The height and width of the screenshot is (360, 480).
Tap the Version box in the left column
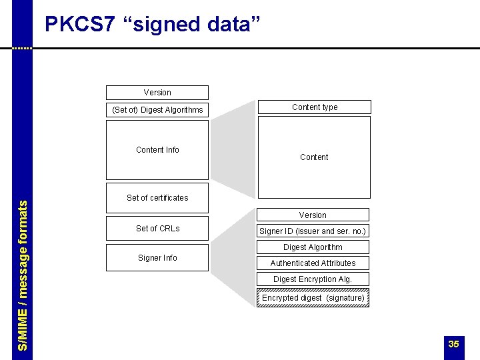pyautogui.click(x=157, y=93)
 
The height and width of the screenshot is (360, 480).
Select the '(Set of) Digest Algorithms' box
pyautogui.click(x=157, y=109)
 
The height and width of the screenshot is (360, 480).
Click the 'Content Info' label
pyautogui.click(x=157, y=150)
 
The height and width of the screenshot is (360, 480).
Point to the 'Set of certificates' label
pyautogui.click(x=157, y=197)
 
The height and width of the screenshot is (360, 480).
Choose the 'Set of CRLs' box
pyautogui.click(x=157, y=228)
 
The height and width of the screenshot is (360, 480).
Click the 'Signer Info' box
pyautogui.click(x=157, y=257)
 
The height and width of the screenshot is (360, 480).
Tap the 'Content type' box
pyautogui.click(x=314, y=107)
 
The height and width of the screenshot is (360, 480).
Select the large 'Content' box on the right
pyautogui.click(x=314, y=157)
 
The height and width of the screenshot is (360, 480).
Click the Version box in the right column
pyautogui.click(x=313, y=215)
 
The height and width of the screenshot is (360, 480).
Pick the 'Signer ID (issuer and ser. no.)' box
pyautogui.click(x=313, y=231)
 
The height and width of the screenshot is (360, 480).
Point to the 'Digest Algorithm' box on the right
pyautogui.click(x=313, y=247)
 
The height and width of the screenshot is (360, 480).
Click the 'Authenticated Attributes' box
pyautogui.click(x=313, y=263)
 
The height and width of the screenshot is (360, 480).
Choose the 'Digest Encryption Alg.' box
pyautogui.click(x=313, y=279)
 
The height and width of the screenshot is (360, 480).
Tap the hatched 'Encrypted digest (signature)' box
pyautogui.click(x=313, y=298)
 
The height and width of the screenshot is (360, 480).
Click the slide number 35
pyautogui.click(x=453, y=344)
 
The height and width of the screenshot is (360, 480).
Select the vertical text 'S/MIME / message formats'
pyautogui.click(x=23, y=275)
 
